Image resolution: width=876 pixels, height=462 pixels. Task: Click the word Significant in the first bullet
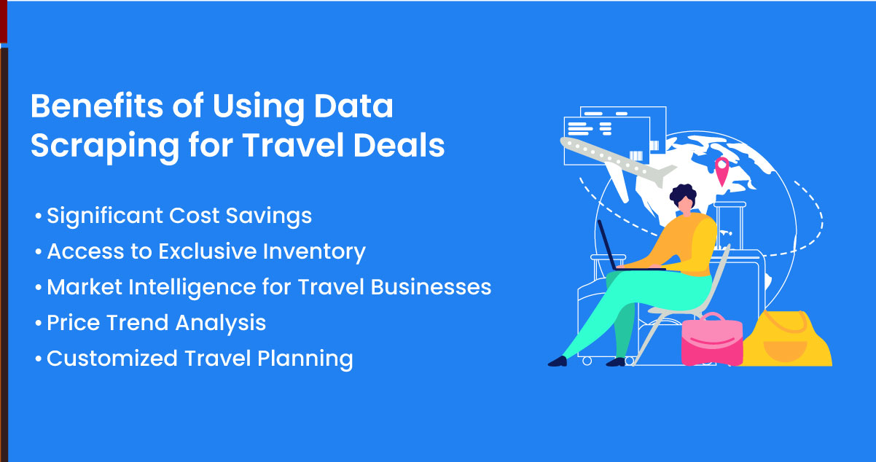click(x=105, y=216)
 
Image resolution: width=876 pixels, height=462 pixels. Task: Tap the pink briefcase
click(x=712, y=340)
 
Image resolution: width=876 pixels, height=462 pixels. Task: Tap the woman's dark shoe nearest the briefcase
click(x=617, y=361)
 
